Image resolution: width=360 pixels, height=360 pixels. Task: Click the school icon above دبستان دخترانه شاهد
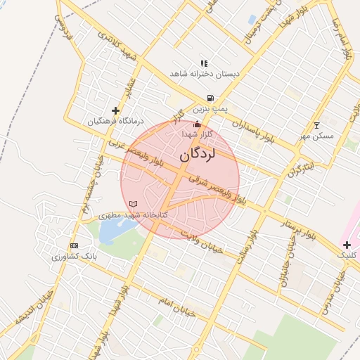tap(204, 63)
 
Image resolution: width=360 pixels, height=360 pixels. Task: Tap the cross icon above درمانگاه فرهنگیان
tap(116, 110)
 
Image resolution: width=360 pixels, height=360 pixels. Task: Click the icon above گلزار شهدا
tap(196, 124)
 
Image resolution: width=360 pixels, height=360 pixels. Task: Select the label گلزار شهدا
tap(198, 134)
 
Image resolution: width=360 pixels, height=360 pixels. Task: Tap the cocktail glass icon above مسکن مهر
tap(316, 124)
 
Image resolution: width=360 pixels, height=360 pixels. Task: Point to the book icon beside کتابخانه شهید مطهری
tap(134, 204)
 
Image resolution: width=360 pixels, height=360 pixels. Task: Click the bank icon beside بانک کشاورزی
tap(74, 245)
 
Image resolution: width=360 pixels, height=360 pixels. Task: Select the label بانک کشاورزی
tap(74, 257)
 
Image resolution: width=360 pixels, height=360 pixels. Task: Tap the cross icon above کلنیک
tap(347, 244)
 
